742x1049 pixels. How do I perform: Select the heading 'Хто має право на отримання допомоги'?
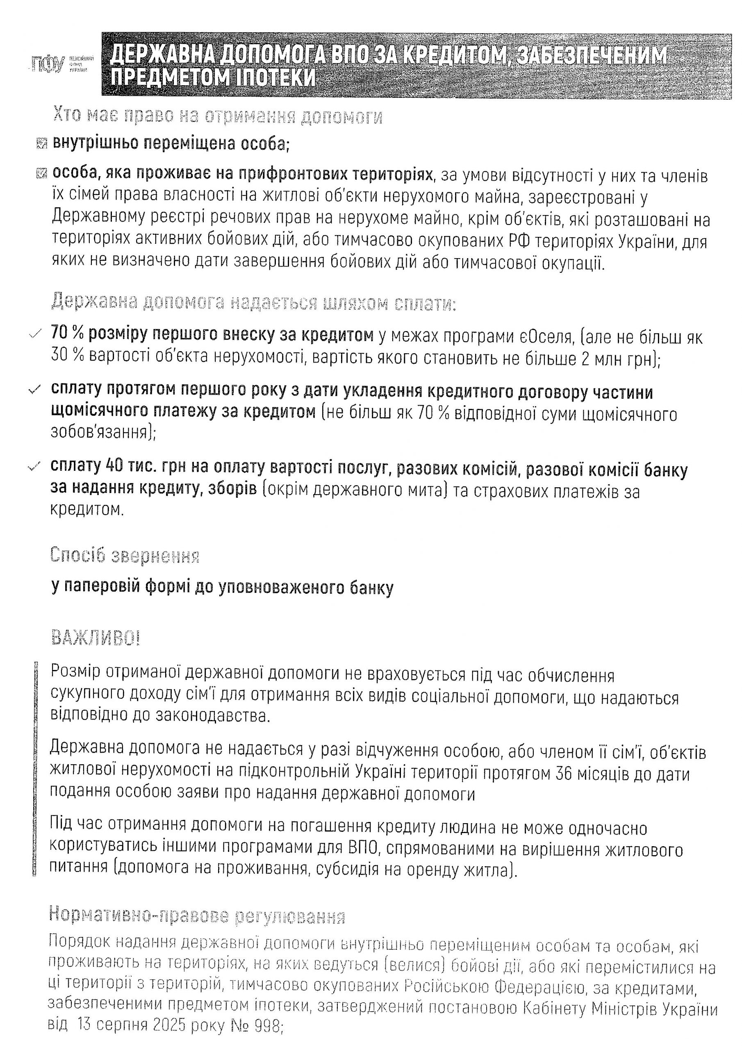click(218, 117)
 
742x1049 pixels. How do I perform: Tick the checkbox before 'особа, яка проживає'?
click(41, 174)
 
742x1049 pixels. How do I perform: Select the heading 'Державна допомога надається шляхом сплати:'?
click(254, 302)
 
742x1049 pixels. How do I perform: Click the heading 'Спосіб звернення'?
click(125, 555)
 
